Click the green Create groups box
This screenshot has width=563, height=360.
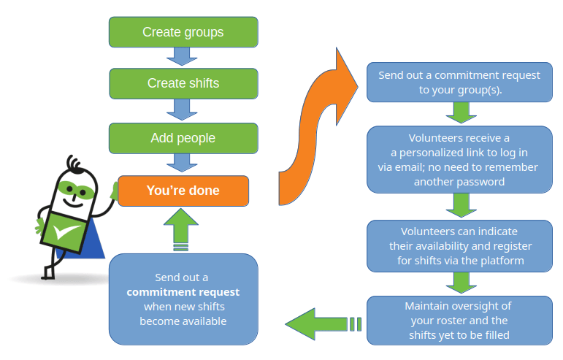tap(183, 32)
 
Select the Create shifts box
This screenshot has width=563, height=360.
tap(183, 83)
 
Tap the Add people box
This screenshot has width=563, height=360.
tap(183, 138)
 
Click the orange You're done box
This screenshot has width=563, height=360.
tap(183, 191)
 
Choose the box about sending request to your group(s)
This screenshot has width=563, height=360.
tap(459, 83)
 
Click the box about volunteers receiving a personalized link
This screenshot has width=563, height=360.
tap(459, 160)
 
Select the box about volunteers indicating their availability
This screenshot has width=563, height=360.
tap(459, 244)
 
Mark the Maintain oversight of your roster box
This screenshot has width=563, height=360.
tap(459, 320)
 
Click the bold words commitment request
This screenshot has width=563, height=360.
tap(183, 292)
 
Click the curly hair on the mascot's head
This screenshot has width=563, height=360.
tap(70, 162)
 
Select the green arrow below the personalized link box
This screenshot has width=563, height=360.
tap(459, 206)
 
